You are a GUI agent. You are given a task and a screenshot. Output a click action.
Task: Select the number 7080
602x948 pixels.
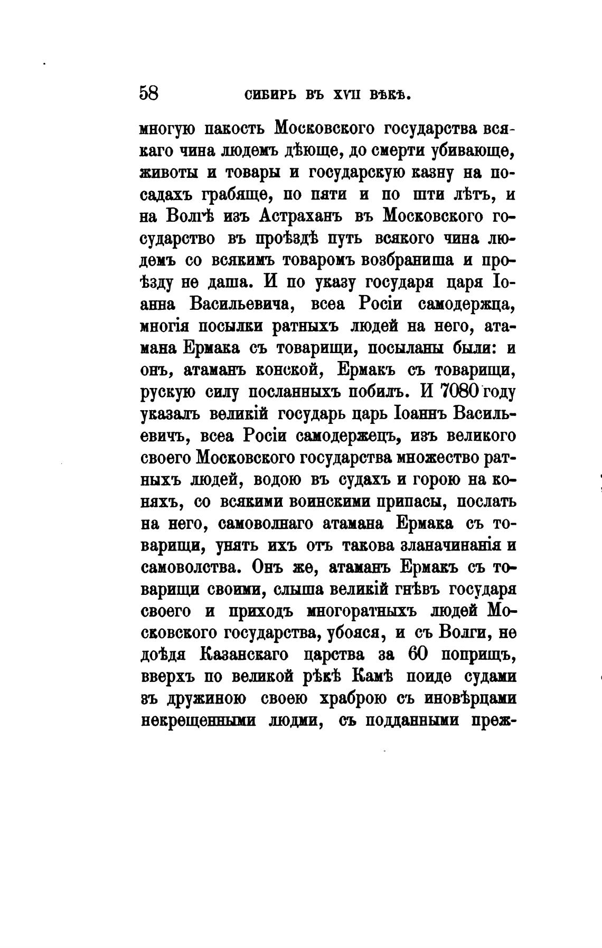click(451, 392)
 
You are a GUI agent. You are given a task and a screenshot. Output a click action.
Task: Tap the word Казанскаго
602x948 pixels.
click(244, 655)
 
